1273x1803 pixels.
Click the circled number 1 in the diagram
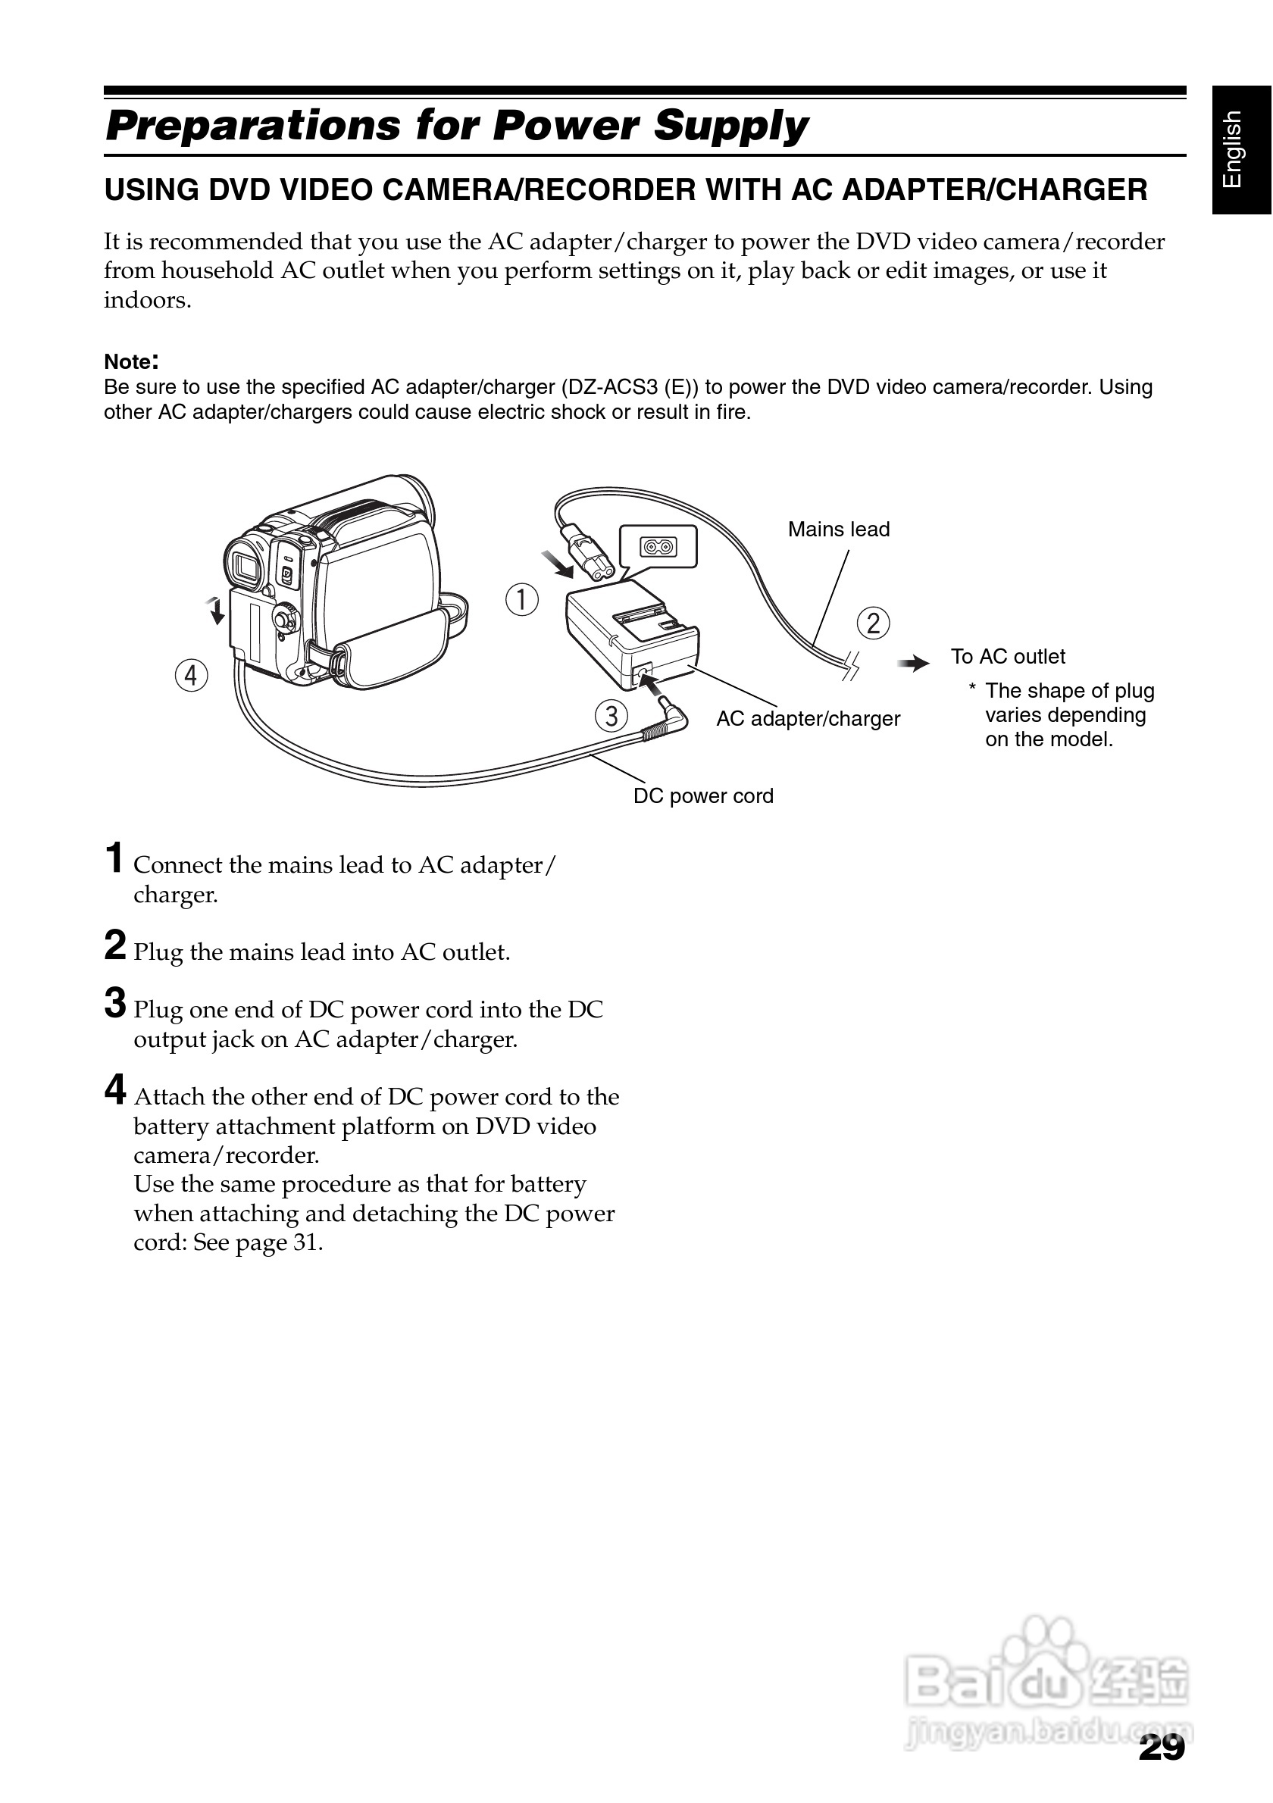click(x=521, y=600)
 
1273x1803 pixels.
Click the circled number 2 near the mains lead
click(x=873, y=623)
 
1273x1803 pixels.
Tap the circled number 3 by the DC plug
click(x=611, y=716)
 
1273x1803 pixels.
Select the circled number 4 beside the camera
click(x=192, y=676)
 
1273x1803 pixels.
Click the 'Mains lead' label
click(x=839, y=530)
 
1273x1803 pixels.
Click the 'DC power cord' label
click(x=703, y=796)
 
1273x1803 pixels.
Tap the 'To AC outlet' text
click(x=1008, y=657)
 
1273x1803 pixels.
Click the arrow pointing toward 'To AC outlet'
click(x=913, y=664)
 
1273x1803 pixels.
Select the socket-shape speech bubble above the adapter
click(x=658, y=546)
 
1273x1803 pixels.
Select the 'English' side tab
click(x=1240, y=150)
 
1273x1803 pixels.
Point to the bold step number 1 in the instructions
click(x=114, y=858)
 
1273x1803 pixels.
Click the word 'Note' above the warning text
click(x=128, y=362)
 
